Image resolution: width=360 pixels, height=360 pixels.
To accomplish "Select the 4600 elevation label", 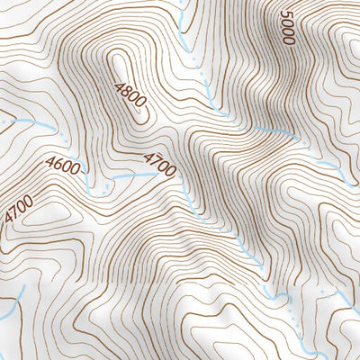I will pyautogui.click(x=62, y=166).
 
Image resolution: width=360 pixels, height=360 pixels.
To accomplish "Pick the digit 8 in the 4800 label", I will pyautogui.click(x=126, y=94).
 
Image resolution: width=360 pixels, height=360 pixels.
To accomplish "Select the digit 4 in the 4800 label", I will pyautogui.click(x=119, y=86).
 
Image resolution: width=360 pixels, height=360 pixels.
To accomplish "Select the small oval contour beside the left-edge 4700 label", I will pyautogui.click(x=45, y=216).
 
